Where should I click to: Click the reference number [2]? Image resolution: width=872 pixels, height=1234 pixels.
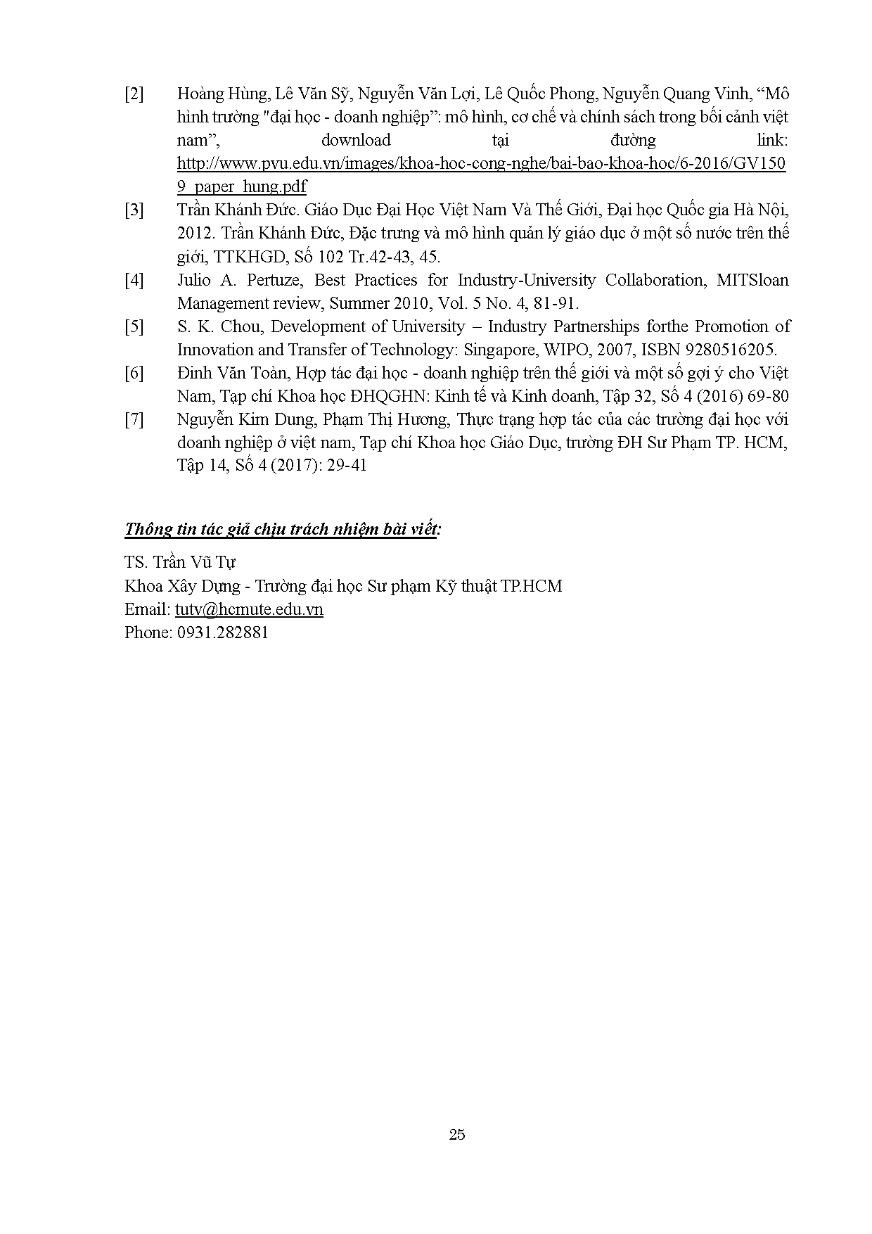coord(134,94)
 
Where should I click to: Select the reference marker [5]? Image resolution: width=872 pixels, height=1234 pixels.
coord(134,326)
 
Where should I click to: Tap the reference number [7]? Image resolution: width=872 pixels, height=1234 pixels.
coord(134,420)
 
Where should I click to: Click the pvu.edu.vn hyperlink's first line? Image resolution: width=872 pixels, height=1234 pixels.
coord(482,164)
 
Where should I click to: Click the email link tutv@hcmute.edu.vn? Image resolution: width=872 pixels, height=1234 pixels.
coord(249,609)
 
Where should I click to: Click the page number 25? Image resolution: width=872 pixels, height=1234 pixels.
coord(456,1134)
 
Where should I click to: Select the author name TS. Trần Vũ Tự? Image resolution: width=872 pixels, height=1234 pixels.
coord(180,562)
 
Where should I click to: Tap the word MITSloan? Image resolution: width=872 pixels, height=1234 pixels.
coord(752,280)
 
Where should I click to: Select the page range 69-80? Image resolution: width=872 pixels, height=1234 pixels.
coord(768,396)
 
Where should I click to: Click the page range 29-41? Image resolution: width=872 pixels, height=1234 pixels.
coord(347,466)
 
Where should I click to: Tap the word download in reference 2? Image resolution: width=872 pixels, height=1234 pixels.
coord(355,140)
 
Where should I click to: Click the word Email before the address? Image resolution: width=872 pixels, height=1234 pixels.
coord(146,609)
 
